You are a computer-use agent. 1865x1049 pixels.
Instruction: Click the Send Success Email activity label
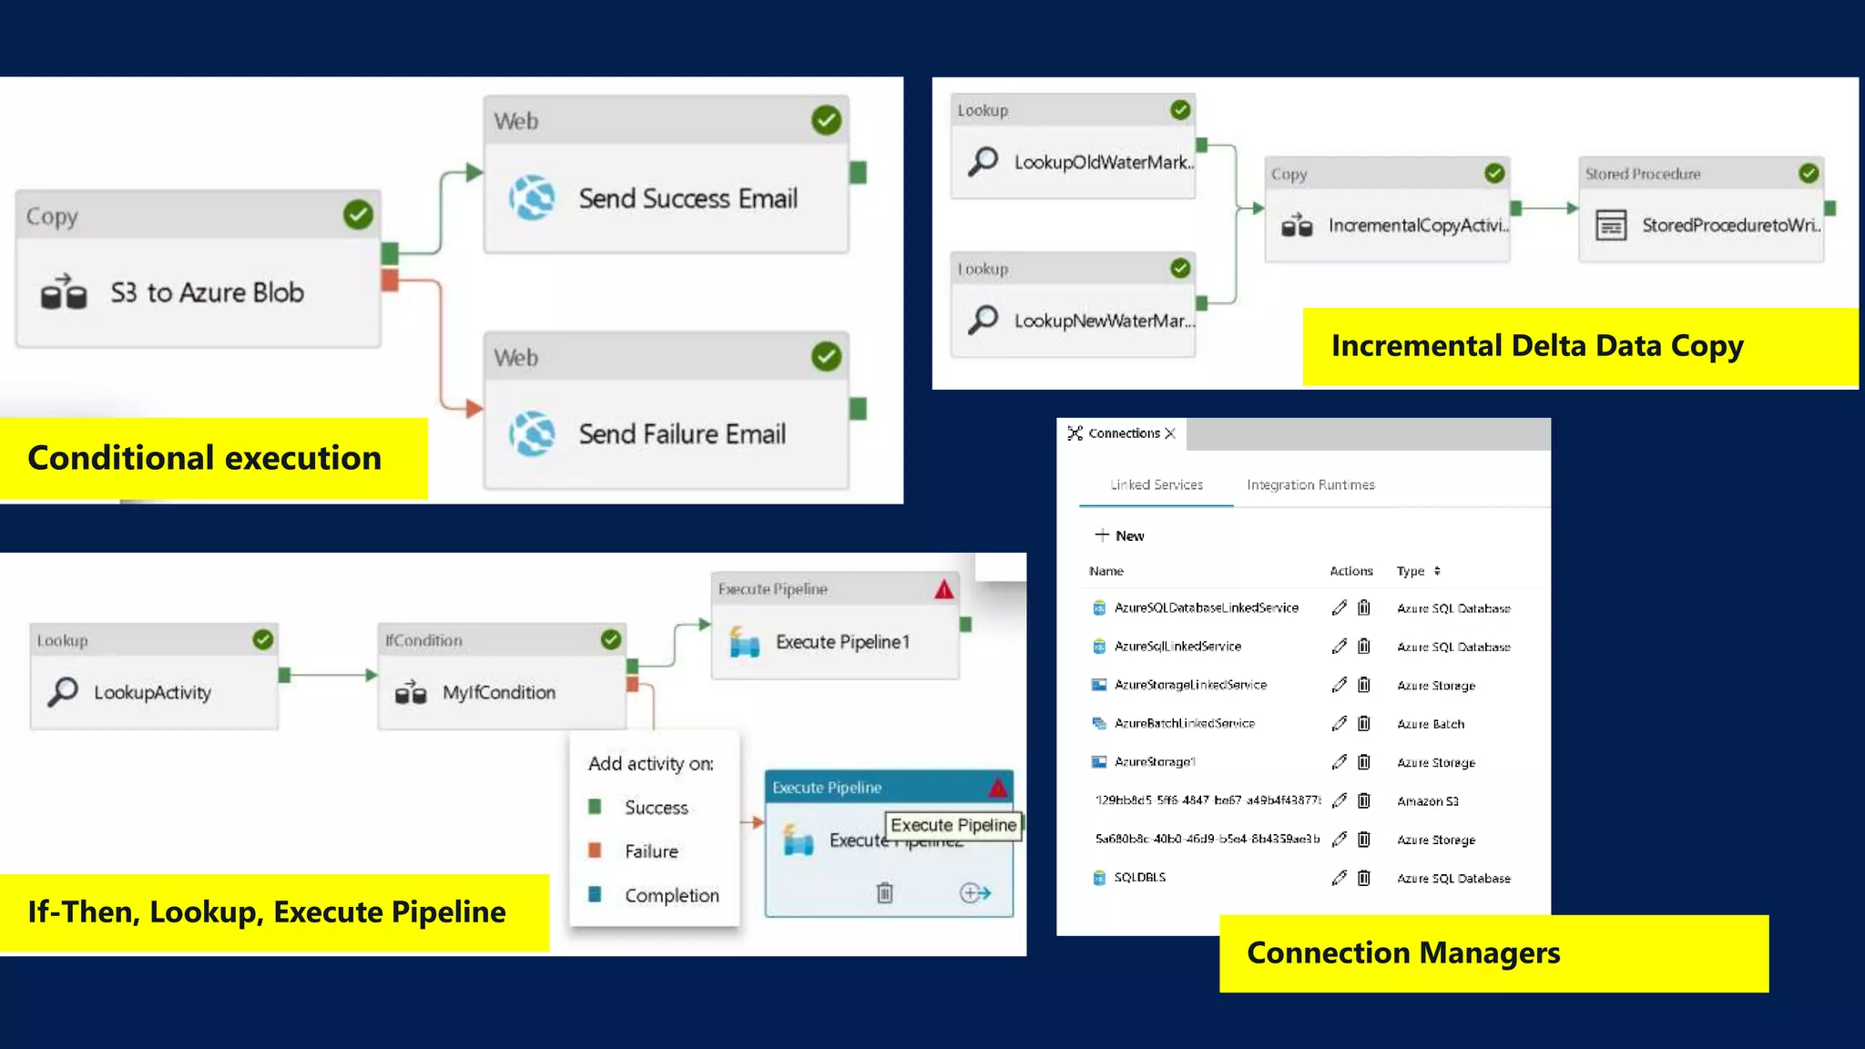pos(688,199)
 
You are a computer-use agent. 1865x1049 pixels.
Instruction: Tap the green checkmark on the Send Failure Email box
pos(826,357)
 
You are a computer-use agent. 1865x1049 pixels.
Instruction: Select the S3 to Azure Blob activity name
pos(207,293)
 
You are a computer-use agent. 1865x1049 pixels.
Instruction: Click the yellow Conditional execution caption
pos(205,458)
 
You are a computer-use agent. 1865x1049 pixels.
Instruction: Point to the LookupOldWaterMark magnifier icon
pos(983,161)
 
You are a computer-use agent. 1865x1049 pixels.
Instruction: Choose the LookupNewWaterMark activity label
pos(1104,321)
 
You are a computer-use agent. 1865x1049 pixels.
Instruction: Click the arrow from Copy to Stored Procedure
pos(1548,209)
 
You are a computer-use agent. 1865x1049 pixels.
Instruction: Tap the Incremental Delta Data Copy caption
pos(1537,346)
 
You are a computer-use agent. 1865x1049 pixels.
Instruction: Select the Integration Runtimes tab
pos(1310,484)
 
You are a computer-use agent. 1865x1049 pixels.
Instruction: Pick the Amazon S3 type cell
pos(1427,801)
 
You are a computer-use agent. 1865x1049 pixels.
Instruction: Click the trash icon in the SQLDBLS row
pos(1363,878)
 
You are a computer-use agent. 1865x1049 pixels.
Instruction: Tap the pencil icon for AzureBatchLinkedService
pos(1339,724)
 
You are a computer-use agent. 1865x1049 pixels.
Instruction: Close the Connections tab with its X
pos(1170,433)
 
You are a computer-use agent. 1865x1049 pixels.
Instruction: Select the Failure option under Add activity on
pos(650,851)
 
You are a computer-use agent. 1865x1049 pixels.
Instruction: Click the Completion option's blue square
pos(595,894)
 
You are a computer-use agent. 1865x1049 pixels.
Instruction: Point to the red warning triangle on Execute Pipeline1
pos(943,589)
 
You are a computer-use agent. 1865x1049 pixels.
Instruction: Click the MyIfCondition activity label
pos(498,693)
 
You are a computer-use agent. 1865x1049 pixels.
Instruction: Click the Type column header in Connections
pos(1411,571)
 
